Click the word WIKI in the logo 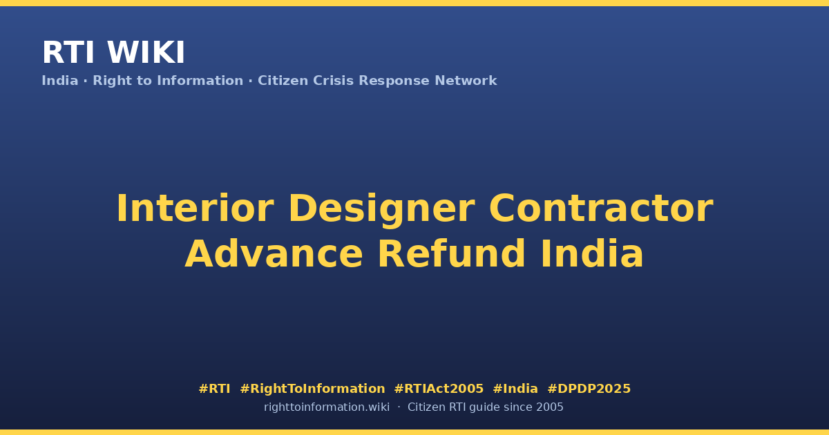(146, 52)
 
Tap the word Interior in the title (195, 209)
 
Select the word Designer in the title (381, 211)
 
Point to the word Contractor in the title (601, 209)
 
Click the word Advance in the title (274, 254)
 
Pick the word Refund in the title (451, 254)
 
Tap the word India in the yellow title (592, 254)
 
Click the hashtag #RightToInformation (312, 389)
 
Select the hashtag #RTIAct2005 (439, 389)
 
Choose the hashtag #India (515, 389)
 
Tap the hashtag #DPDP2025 (589, 389)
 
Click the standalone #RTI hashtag (214, 389)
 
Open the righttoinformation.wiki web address (326, 407)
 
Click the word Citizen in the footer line (426, 407)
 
